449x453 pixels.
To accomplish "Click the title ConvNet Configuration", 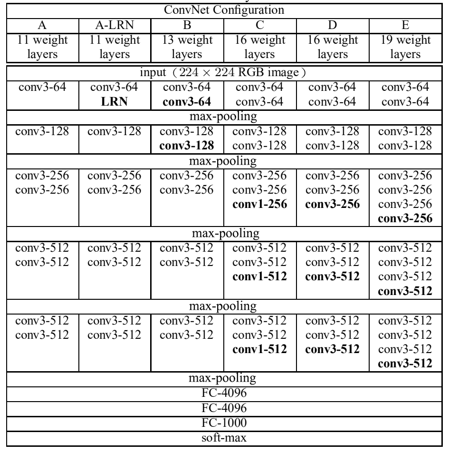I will pos(224,9).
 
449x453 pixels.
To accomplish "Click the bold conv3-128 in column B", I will pos(186,145).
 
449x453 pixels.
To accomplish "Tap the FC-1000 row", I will pos(224,421).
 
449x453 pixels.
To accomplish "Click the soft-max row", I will pos(224,436).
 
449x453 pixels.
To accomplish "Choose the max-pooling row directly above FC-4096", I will pos(224,379).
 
